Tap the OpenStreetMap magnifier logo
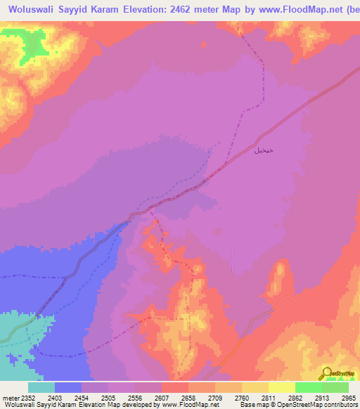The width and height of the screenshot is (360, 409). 326,373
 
